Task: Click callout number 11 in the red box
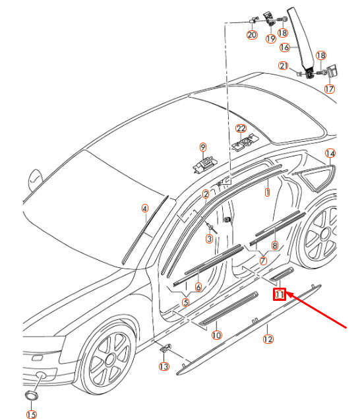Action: (x=280, y=294)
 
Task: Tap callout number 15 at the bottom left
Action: (x=32, y=415)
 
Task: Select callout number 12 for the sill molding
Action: (x=268, y=339)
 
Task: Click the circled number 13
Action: (x=164, y=366)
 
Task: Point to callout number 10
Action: (x=216, y=335)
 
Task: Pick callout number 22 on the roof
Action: (x=241, y=129)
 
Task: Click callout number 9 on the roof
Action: (x=203, y=147)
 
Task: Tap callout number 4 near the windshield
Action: (x=145, y=209)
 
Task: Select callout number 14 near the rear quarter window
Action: (x=330, y=153)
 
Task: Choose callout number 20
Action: (x=252, y=35)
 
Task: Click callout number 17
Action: (x=330, y=88)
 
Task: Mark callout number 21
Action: (x=284, y=65)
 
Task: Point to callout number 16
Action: (x=285, y=48)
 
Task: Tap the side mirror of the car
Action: (x=35, y=180)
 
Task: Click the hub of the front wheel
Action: (x=109, y=360)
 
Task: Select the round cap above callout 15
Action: (x=32, y=395)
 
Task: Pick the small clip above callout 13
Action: (x=165, y=348)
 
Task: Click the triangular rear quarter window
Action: (x=316, y=177)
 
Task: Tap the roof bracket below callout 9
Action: (x=204, y=165)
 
